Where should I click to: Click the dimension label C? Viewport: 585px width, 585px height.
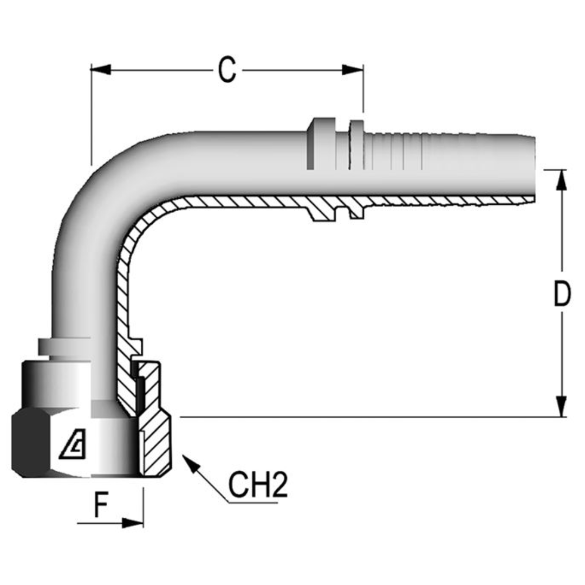227,70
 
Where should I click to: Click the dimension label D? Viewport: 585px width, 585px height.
562,295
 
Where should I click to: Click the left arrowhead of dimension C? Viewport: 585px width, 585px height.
101,69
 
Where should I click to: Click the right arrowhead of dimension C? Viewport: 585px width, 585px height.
353,69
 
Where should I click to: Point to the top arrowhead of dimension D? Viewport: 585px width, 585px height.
562,180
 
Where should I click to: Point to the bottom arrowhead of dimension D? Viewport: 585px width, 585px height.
562,406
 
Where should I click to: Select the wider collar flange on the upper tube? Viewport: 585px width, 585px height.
317,144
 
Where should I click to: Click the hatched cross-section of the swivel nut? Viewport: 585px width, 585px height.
154,433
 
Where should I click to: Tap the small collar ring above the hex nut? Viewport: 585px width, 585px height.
64,347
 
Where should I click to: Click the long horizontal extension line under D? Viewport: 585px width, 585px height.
368,417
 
